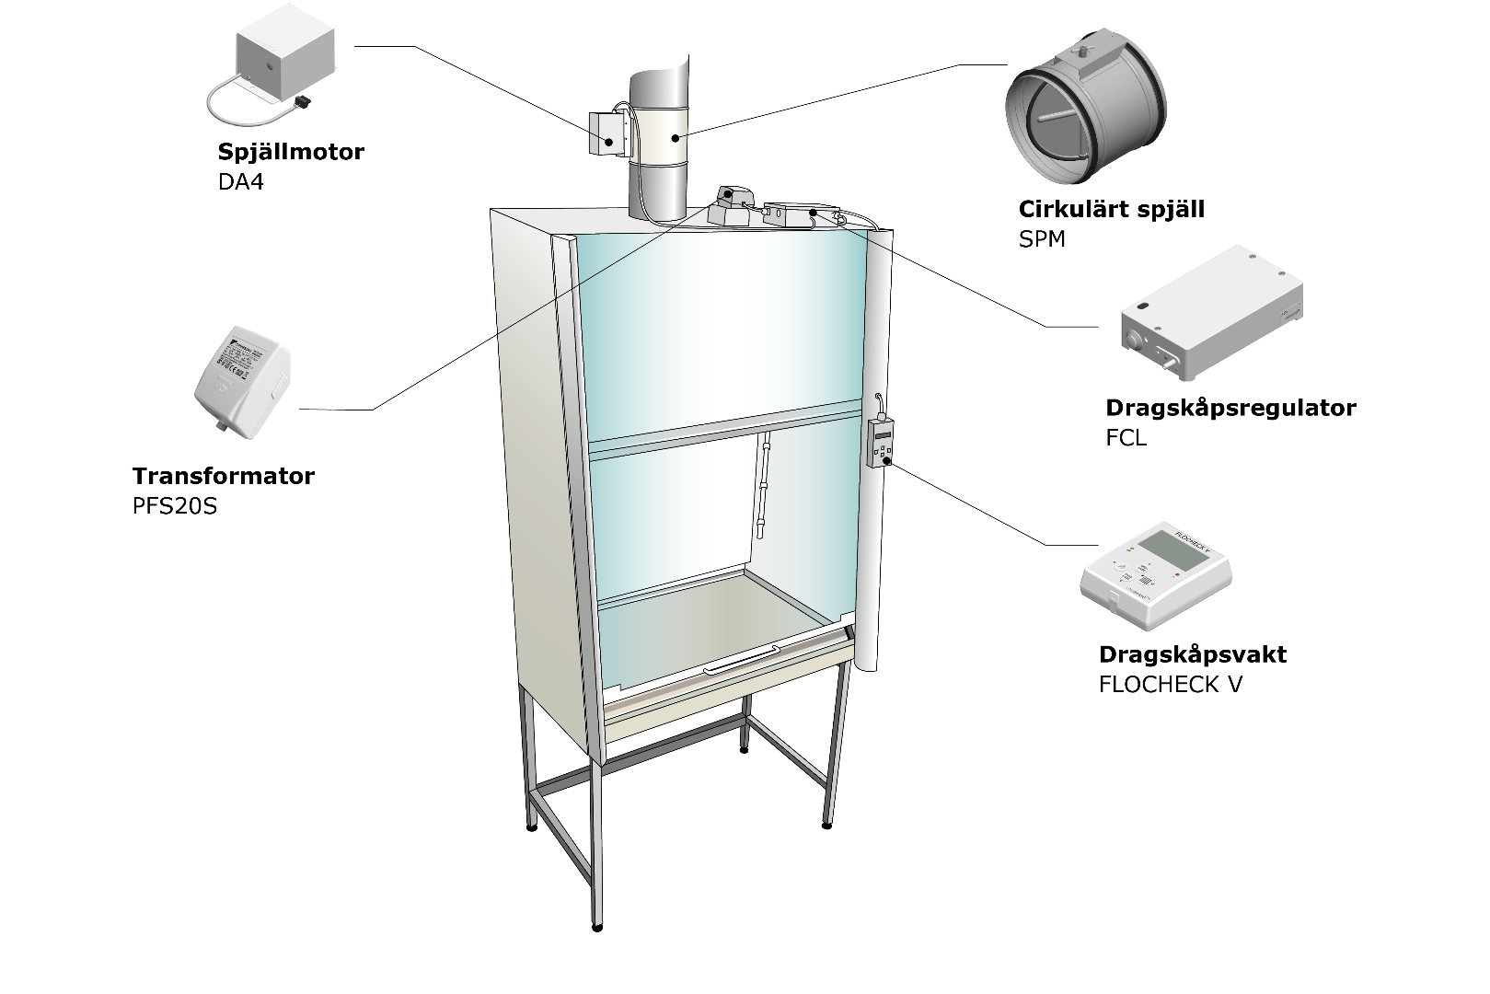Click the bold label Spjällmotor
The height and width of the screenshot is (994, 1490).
pos(291,152)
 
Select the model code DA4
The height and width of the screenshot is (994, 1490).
pos(240,181)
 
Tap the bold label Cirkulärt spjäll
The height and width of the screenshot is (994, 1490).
pos(1111,209)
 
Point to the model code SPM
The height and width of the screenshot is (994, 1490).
pos(1042,239)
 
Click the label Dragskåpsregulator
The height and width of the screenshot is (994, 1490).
pos(1230,408)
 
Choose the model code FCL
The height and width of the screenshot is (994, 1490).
pos(1126,438)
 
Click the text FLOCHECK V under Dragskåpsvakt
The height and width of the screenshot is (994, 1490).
pos(1170,685)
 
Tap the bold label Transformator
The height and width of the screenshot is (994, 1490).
pos(223,476)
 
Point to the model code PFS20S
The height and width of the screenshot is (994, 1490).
pos(175,506)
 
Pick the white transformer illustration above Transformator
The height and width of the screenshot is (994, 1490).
pos(242,377)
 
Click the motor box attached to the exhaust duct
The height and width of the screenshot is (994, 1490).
pos(606,133)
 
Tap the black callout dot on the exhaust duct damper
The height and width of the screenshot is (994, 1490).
pos(676,138)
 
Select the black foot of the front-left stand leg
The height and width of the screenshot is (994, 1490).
pos(597,927)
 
